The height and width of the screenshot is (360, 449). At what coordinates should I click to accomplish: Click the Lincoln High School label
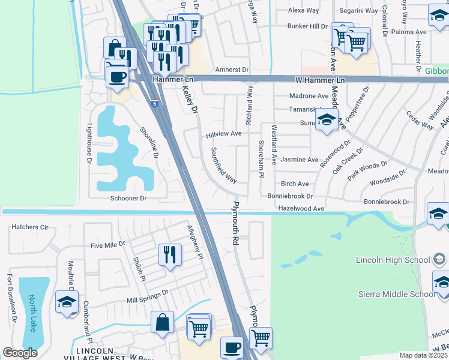[x=393, y=260]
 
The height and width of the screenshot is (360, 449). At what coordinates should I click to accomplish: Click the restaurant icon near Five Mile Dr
[x=170, y=255]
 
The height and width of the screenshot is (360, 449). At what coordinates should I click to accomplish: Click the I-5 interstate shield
[x=154, y=104]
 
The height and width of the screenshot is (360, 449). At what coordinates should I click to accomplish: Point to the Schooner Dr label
[x=128, y=198]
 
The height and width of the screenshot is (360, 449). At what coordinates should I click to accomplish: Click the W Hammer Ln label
[x=320, y=80]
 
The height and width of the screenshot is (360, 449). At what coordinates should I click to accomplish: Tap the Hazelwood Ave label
[x=301, y=208]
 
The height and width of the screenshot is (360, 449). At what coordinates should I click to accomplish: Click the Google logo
[x=20, y=353]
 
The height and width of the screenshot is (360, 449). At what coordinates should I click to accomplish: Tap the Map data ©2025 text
[x=423, y=355]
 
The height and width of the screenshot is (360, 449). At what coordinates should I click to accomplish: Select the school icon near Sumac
[x=327, y=120]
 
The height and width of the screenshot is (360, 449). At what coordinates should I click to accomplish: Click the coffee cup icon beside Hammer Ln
[x=117, y=76]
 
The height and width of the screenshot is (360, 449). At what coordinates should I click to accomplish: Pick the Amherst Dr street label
[x=232, y=70]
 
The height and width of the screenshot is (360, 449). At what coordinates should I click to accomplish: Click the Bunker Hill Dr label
[x=307, y=26]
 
